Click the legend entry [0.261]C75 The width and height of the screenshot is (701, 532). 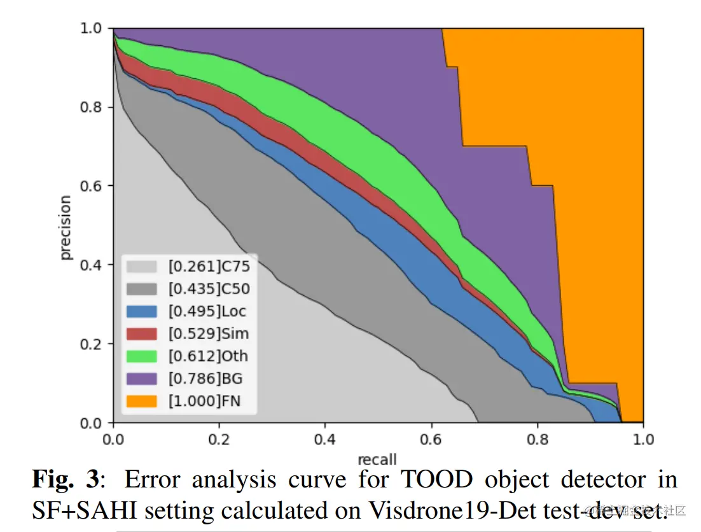click(209, 266)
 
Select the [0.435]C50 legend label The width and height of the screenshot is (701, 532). click(209, 289)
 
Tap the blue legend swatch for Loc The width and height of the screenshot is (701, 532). click(141, 311)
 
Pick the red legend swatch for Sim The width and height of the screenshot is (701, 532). click(141, 333)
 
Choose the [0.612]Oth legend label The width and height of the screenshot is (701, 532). click(208, 356)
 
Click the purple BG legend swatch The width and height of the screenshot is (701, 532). click(141, 379)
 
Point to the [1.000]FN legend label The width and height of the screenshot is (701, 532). click(204, 401)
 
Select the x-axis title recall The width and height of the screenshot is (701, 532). click(377, 459)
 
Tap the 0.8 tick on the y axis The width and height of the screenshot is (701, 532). click(92, 107)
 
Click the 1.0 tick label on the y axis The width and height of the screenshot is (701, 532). click(92, 28)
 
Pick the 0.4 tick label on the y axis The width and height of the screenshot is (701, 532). click(92, 265)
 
